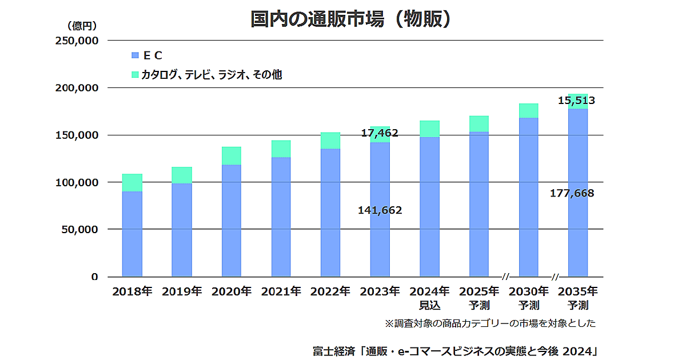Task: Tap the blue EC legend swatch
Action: point(135,55)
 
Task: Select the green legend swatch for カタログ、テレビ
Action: point(135,74)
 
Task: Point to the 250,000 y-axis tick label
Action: point(77,41)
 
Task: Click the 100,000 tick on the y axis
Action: point(77,182)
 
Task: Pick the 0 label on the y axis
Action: point(94,277)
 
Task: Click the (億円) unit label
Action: point(81,25)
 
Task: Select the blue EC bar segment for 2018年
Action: point(132,234)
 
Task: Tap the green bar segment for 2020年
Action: point(231,155)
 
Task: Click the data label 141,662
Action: point(380,210)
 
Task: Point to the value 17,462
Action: point(380,133)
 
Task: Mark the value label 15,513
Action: point(576,101)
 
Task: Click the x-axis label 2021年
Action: point(281,291)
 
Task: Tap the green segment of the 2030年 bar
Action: point(528,111)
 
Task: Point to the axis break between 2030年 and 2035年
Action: point(555,277)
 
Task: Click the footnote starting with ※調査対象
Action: point(490,323)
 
